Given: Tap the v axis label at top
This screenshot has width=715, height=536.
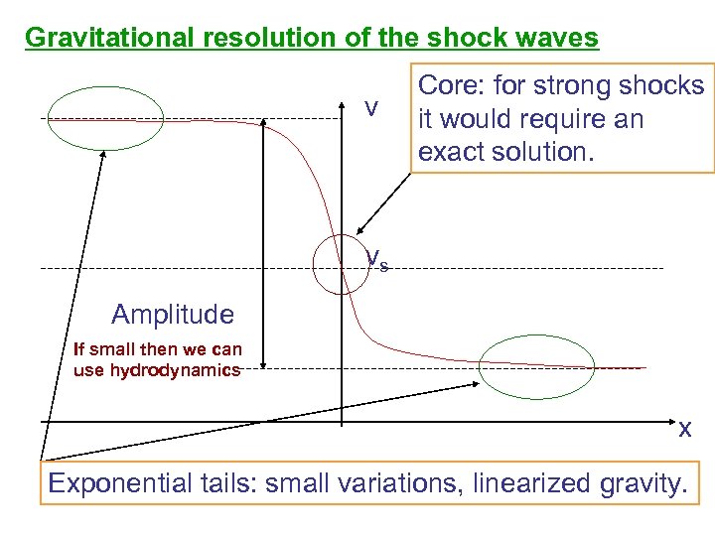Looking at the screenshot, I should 370,107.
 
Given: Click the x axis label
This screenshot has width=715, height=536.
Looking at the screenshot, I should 684,430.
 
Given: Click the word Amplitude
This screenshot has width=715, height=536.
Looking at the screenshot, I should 173,315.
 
